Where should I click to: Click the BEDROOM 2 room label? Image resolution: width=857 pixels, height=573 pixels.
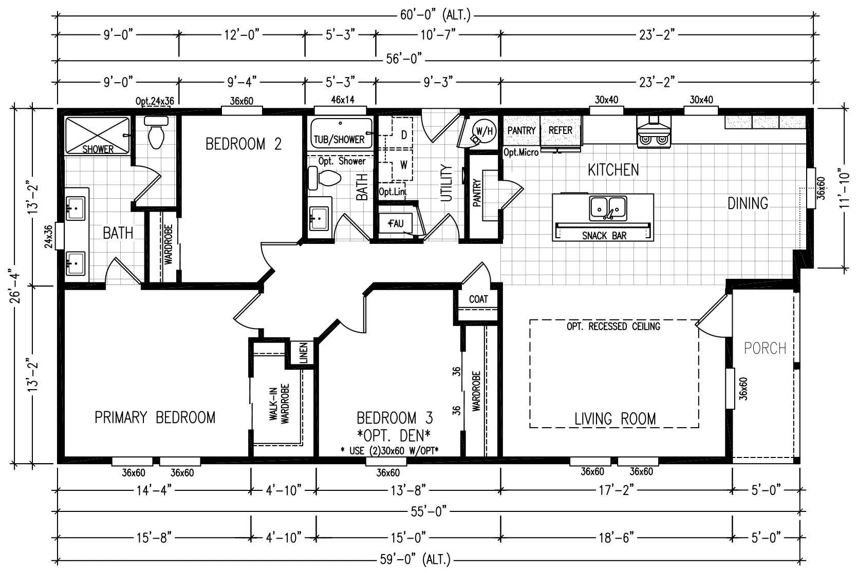click(244, 144)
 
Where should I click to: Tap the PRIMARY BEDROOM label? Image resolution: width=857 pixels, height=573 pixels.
click(155, 417)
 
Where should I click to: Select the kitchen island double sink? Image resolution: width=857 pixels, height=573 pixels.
click(607, 208)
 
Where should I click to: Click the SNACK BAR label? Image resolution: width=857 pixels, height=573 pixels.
click(604, 236)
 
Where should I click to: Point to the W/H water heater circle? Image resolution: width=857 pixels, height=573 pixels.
click(484, 131)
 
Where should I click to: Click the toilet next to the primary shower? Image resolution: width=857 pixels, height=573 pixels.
click(156, 132)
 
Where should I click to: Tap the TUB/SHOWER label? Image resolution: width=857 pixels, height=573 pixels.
click(339, 140)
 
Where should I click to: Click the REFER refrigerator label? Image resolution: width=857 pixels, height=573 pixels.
click(561, 130)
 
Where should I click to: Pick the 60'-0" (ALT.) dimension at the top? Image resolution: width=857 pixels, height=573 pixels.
click(435, 15)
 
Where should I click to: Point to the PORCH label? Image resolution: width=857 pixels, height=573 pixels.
click(765, 348)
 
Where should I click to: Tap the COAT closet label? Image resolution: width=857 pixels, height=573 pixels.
click(478, 299)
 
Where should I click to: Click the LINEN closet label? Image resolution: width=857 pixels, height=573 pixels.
click(304, 352)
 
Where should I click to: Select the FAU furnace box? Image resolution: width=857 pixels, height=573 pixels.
click(396, 224)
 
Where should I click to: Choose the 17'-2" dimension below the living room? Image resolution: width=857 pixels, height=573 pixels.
click(617, 490)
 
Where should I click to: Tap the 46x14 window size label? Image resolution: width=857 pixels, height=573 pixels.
click(342, 100)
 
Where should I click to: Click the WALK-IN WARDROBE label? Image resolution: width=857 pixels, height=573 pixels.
click(279, 403)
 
